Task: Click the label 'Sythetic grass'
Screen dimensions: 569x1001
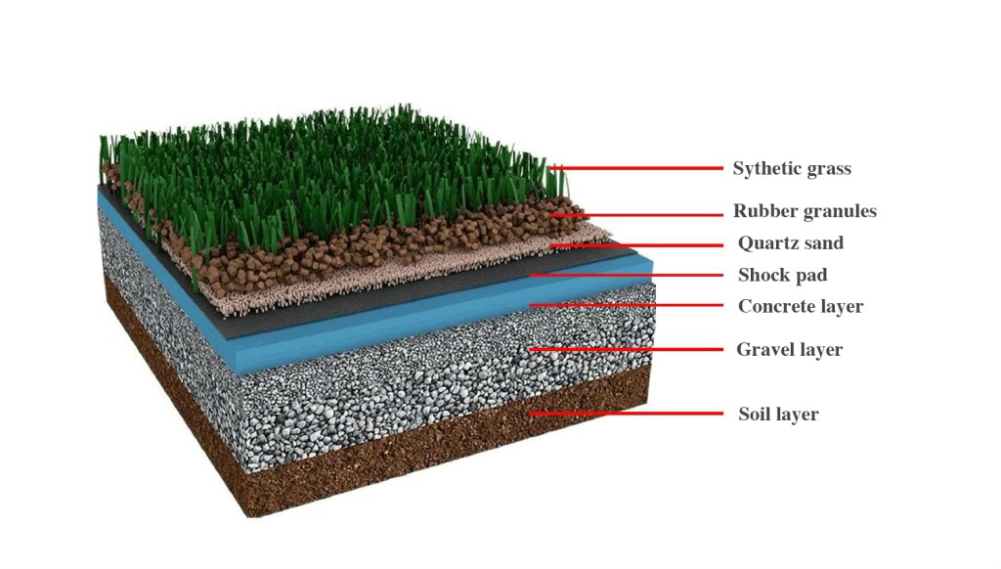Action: (792, 169)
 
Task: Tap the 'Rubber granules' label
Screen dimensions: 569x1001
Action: (805, 211)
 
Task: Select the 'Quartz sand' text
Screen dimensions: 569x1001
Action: (791, 243)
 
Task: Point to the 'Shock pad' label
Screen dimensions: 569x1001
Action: (782, 276)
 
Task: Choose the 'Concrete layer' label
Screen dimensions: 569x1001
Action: (801, 307)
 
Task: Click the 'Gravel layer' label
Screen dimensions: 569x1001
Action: (789, 350)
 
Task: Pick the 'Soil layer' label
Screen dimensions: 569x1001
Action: (778, 415)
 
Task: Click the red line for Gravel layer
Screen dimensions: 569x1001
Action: (626, 349)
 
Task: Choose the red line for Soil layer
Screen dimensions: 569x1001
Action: (626, 414)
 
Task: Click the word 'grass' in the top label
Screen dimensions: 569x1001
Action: (829, 169)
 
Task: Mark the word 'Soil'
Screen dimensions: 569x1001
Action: (754, 415)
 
